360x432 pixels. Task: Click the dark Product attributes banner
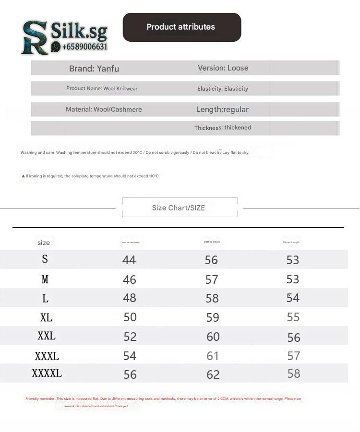(x=181, y=27)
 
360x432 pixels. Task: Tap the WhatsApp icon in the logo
(x=56, y=47)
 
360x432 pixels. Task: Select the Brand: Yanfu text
(x=94, y=69)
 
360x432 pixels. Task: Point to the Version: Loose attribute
(x=223, y=68)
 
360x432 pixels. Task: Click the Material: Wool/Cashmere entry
(x=104, y=109)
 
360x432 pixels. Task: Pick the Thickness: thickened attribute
(x=222, y=128)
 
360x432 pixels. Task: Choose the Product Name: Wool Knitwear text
(x=102, y=89)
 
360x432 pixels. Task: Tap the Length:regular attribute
(x=222, y=109)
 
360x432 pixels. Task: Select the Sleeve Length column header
(x=291, y=242)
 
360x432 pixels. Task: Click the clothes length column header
(x=212, y=242)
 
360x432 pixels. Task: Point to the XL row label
(x=46, y=317)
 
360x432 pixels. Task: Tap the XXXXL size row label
(x=47, y=374)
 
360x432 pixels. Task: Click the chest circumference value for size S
(x=129, y=260)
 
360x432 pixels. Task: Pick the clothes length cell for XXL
(x=213, y=337)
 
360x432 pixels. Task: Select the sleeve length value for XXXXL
(x=293, y=374)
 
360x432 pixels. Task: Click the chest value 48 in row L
(x=129, y=298)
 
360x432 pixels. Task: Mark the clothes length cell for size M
(x=212, y=280)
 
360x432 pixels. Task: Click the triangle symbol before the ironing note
(x=23, y=176)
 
